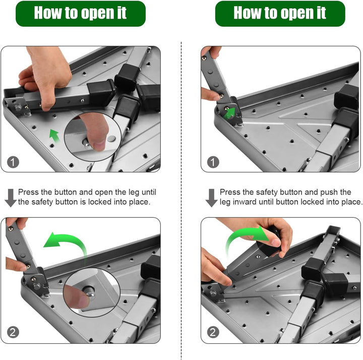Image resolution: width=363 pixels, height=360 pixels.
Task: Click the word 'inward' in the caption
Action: (x=245, y=202)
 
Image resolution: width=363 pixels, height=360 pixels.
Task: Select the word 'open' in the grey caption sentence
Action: (x=104, y=193)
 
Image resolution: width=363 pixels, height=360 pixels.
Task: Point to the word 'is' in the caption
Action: (x=83, y=202)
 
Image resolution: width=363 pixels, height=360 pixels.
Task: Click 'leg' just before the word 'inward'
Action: (x=225, y=203)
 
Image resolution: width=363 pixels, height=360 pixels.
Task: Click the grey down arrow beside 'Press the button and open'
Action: (x=11, y=198)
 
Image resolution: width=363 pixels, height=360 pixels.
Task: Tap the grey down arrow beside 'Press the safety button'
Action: (x=211, y=198)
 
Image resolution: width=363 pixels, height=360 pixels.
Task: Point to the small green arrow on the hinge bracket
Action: (x=229, y=113)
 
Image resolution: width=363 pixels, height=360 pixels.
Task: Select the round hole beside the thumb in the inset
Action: (x=111, y=139)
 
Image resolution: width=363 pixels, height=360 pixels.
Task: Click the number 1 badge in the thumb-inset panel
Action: (x=13, y=162)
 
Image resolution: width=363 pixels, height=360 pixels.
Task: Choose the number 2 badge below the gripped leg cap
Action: (x=213, y=332)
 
